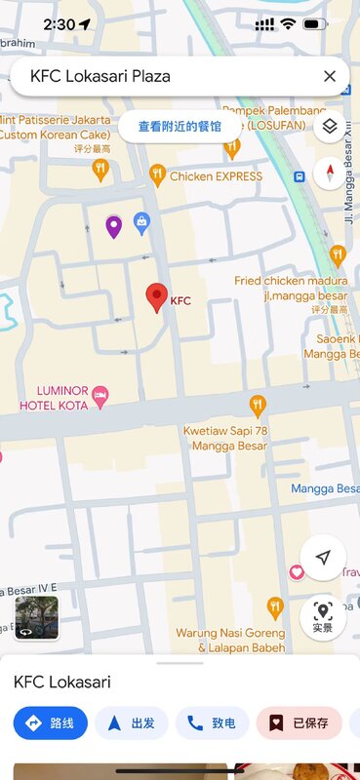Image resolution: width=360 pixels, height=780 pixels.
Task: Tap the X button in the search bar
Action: point(330,76)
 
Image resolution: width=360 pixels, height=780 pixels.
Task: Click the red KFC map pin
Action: point(156,297)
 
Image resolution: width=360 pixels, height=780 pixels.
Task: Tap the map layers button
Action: point(330,127)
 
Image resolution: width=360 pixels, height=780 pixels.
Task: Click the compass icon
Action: point(330,174)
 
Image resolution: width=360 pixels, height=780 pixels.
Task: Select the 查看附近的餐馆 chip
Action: point(180,127)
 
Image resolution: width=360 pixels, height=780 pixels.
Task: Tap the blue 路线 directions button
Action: point(51,723)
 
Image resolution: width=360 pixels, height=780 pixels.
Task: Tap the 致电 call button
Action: point(212,723)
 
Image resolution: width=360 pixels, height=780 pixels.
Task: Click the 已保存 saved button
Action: point(299,723)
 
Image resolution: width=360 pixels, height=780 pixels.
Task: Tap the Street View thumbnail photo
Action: point(36,617)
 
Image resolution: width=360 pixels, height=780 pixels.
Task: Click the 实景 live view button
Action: point(323,616)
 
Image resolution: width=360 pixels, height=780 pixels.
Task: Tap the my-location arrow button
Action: point(323,557)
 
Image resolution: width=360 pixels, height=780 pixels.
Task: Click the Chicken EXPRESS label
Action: point(216,176)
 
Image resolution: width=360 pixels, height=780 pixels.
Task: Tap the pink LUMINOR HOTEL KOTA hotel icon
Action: point(100,396)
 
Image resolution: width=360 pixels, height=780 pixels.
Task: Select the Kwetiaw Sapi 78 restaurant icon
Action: point(258,404)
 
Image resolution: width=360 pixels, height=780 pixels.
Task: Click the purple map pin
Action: point(114,226)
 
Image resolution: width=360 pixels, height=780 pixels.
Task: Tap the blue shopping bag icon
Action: point(142,223)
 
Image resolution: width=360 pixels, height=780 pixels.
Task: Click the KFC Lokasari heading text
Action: point(62,682)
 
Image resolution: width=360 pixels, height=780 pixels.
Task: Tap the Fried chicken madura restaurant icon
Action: point(338,255)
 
